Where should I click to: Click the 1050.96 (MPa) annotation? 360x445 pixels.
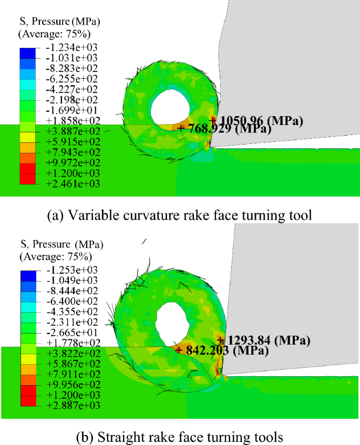pos(259,121)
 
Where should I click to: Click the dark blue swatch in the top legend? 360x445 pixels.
pos(28,53)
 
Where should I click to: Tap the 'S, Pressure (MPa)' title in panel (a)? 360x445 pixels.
pos(59,22)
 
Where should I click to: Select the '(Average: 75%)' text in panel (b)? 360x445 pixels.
pos(55,257)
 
